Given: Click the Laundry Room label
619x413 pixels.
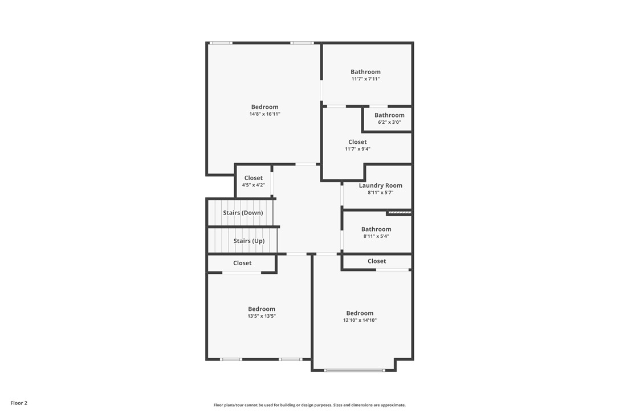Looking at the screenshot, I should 380,185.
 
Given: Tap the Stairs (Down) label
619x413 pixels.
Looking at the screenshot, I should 243,213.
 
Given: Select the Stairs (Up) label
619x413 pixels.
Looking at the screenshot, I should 249,241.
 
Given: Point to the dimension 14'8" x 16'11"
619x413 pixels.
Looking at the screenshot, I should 264,114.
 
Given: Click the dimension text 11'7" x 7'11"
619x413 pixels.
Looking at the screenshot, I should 365,79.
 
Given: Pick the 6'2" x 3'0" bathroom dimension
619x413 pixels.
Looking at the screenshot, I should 389,122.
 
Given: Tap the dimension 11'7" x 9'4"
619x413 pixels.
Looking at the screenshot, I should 357,149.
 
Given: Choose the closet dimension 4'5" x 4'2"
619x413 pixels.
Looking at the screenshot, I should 253,185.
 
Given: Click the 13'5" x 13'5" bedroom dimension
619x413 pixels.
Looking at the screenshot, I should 261,316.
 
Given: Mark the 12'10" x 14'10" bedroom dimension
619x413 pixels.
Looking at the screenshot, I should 360,320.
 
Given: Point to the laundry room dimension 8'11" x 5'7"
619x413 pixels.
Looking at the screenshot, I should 380,193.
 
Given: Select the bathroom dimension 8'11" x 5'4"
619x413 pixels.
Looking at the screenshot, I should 376,236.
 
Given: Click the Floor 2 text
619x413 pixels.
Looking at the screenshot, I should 19,403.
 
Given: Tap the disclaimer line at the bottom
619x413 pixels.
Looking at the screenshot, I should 309,405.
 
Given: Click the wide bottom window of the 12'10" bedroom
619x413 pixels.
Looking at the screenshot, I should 355,371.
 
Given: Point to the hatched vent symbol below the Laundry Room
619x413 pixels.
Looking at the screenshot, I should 399,213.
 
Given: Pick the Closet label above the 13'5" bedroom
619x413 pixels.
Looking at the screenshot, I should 242,263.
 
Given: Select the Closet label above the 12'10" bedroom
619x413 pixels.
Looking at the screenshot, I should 377,261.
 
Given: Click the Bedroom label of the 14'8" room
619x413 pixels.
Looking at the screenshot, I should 264,107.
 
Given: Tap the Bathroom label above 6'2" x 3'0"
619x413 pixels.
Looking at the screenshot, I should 389,115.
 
